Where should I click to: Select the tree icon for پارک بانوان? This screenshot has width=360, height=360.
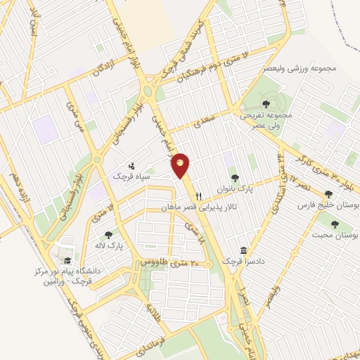(234, 178)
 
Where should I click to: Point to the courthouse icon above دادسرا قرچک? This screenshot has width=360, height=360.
(243, 251)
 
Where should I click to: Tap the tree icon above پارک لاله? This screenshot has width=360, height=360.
(108, 236)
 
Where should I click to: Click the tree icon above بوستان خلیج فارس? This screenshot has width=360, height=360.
(328, 194)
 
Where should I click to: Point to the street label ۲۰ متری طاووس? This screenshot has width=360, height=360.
(167, 262)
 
